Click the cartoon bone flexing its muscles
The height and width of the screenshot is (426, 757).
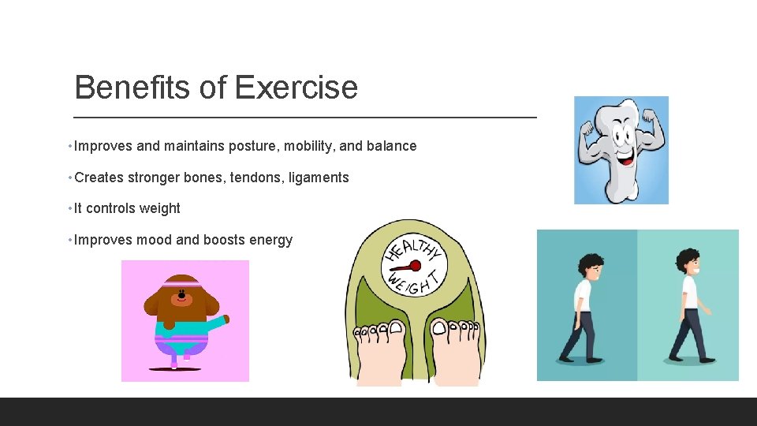(x=621, y=150)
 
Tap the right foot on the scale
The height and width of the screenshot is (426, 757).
(x=455, y=353)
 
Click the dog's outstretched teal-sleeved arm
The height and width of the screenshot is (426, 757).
(x=216, y=323)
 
